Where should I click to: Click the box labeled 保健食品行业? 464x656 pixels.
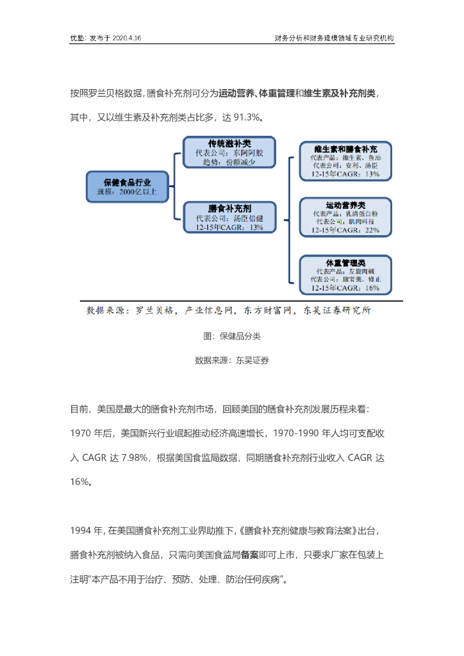[x=128, y=186]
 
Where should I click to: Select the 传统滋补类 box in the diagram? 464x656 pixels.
[x=229, y=153]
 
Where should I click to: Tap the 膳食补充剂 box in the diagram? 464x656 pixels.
[x=229, y=218]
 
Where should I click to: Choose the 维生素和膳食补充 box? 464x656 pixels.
[x=345, y=160]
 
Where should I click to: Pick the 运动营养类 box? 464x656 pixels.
[x=345, y=217]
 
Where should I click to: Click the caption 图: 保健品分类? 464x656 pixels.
[x=232, y=336]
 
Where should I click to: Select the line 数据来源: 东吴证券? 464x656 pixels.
[x=232, y=360]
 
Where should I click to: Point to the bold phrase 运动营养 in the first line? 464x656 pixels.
[x=235, y=94]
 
